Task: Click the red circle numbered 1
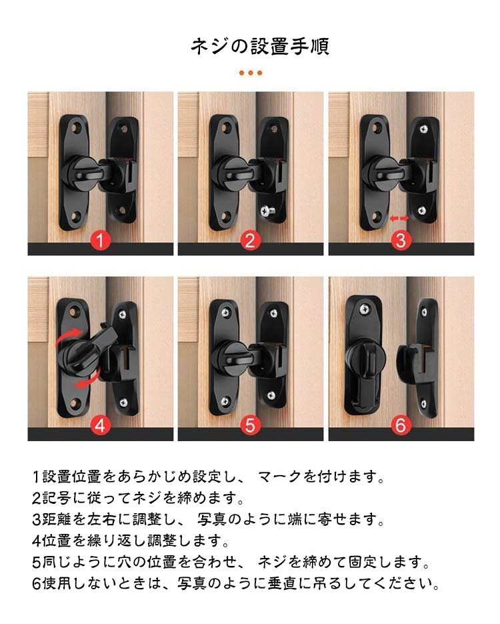[100, 240]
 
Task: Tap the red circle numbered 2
[250, 240]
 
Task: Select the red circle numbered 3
[401, 240]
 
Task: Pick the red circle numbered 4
[100, 425]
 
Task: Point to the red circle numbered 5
[250, 425]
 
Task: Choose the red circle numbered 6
[401, 425]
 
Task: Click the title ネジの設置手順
[260, 46]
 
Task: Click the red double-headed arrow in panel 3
[399, 218]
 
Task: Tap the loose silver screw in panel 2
[265, 210]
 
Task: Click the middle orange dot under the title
[251, 73]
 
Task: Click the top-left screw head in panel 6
[364, 308]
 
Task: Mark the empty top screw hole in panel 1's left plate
[75, 128]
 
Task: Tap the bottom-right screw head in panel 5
[271, 396]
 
